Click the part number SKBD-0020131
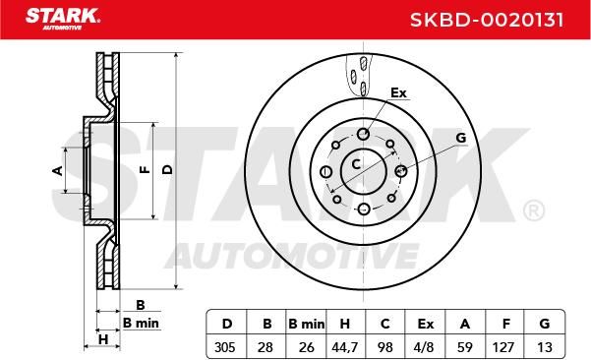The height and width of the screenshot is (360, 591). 487,20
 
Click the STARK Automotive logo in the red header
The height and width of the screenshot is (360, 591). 63,19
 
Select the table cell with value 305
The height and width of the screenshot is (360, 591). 226,347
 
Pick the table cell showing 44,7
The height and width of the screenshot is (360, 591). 344,347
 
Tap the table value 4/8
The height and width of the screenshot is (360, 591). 425,347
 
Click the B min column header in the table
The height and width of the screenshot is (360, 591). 306,324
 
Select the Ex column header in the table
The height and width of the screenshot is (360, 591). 425,324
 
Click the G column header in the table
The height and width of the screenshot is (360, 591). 544,324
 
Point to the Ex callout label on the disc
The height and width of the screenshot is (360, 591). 398,92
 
